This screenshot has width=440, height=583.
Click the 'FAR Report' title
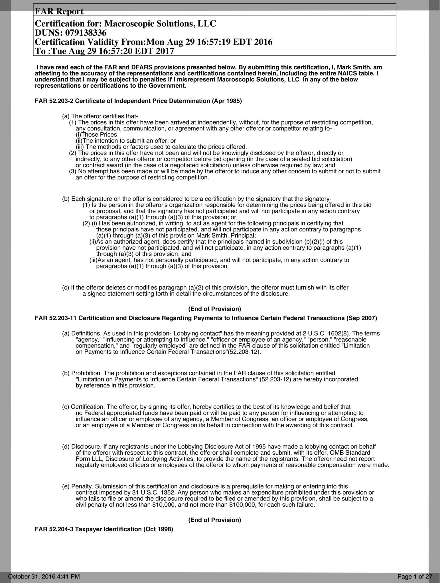59,11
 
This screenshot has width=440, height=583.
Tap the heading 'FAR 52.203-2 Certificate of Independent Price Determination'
138,101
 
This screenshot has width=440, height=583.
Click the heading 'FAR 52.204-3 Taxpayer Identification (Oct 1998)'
104,529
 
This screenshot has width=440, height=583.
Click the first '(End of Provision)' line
215,309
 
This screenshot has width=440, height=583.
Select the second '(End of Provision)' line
215,520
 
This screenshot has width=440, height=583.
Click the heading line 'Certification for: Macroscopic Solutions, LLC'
125,24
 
